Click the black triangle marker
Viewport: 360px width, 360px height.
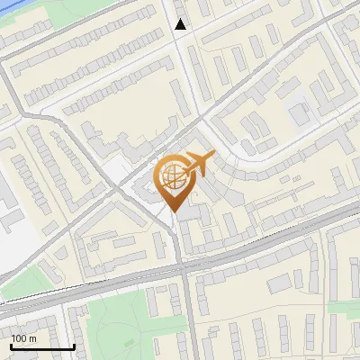tap(182, 24)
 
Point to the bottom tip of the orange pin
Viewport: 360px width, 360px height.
tap(174, 212)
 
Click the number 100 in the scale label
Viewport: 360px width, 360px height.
tap(19, 338)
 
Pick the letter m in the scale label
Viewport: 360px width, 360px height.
tap(32, 338)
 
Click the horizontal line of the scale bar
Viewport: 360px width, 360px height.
tap(42, 346)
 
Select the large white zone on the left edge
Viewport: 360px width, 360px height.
tap(13, 243)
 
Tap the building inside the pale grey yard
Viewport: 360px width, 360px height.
tap(298, 115)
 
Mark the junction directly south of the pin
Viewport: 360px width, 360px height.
tap(178, 264)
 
